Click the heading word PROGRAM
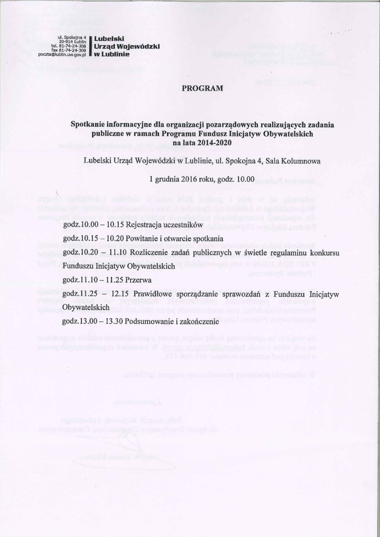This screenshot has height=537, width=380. [x=202, y=88]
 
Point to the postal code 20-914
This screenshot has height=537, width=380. [x=62, y=41]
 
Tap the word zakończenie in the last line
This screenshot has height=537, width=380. [x=198, y=320]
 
